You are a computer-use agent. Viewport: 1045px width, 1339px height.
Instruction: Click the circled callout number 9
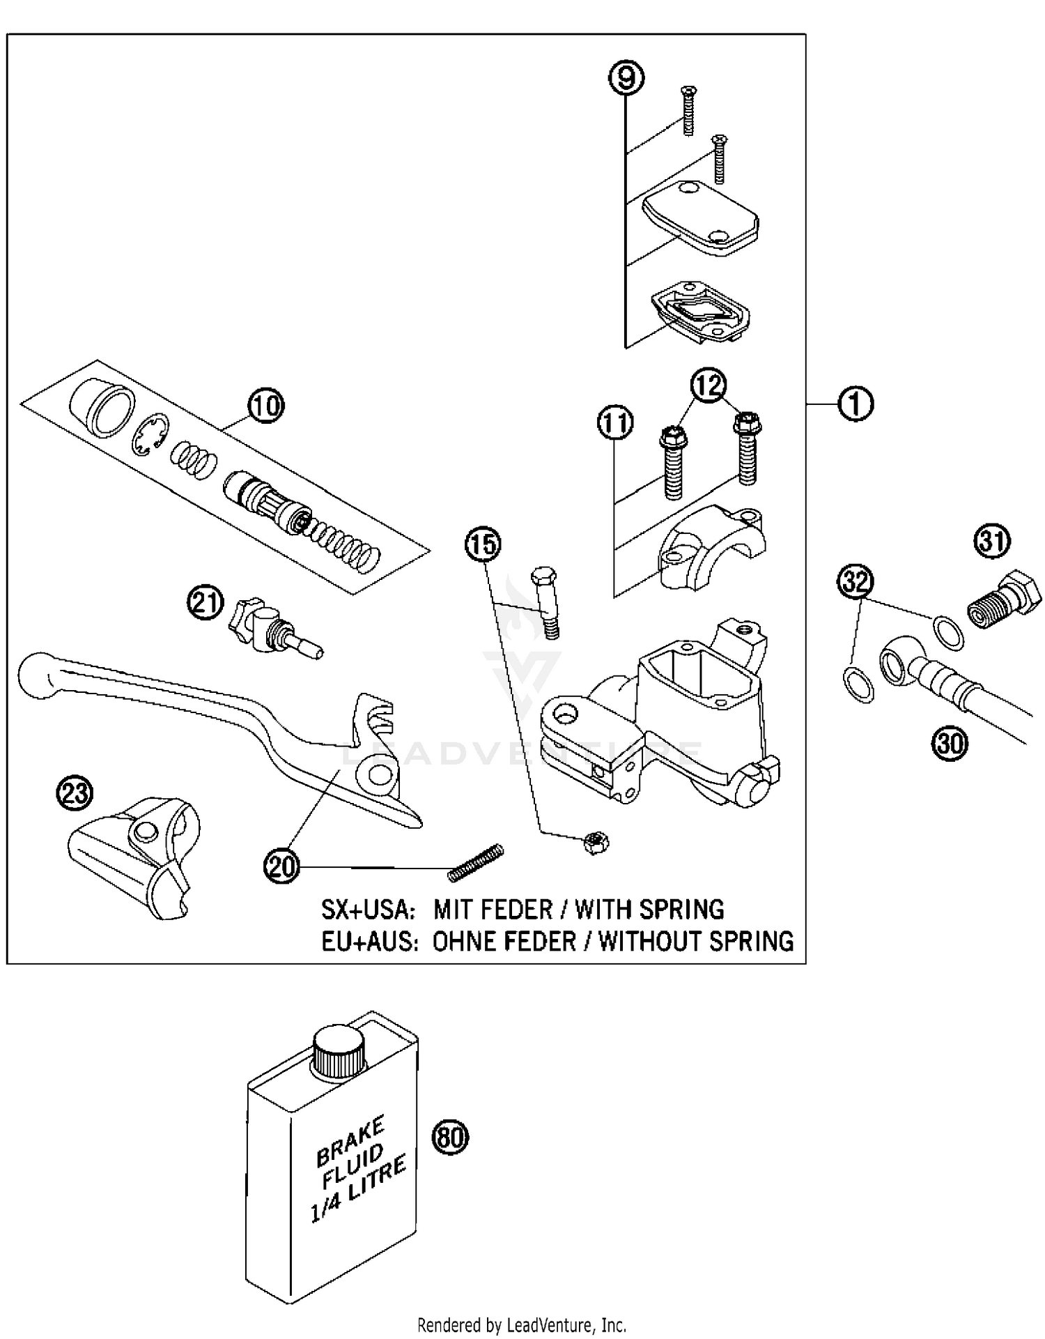(x=626, y=78)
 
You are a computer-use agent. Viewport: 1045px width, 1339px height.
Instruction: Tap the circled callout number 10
(x=265, y=406)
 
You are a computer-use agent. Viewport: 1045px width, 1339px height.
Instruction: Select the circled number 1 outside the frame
(x=856, y=404)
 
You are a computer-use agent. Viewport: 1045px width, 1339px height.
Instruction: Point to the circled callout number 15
(x=483, y=544)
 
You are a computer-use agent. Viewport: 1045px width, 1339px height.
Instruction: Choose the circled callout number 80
(x=451, y=1137)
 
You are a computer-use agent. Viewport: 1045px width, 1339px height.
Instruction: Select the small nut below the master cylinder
(x=596, y=844)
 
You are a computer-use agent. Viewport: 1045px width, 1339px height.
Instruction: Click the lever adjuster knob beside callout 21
(x=242, y=618)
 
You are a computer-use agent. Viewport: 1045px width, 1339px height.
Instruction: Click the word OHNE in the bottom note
(x=464, y=942)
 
